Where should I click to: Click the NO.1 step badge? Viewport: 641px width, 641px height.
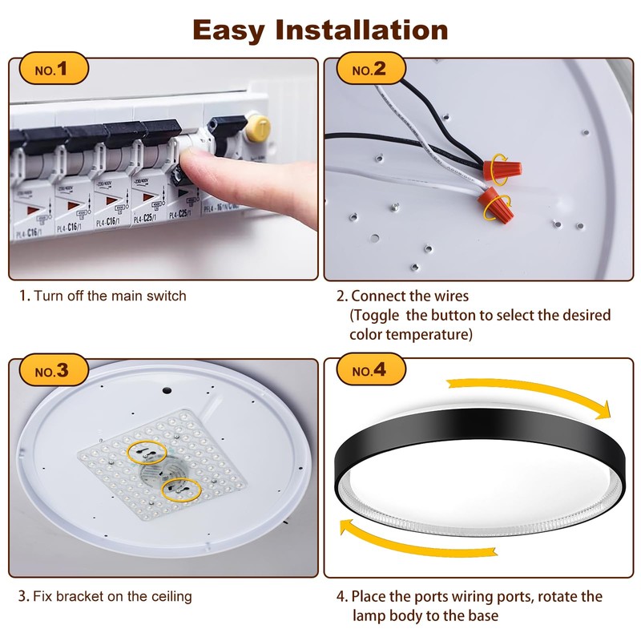[52, 70]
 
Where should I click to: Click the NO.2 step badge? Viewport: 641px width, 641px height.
[369, 70]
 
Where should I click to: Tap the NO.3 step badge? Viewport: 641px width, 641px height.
[52, 372]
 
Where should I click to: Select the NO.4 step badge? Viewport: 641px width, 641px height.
[369, 372]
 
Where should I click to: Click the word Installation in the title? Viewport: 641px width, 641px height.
[361, 30]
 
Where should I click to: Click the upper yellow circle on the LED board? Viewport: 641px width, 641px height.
[147, 452]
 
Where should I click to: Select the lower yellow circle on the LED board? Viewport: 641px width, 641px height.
[181, 487]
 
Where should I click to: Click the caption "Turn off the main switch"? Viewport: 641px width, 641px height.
[110, 296]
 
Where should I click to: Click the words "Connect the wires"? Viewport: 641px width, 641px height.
[410, 296]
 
